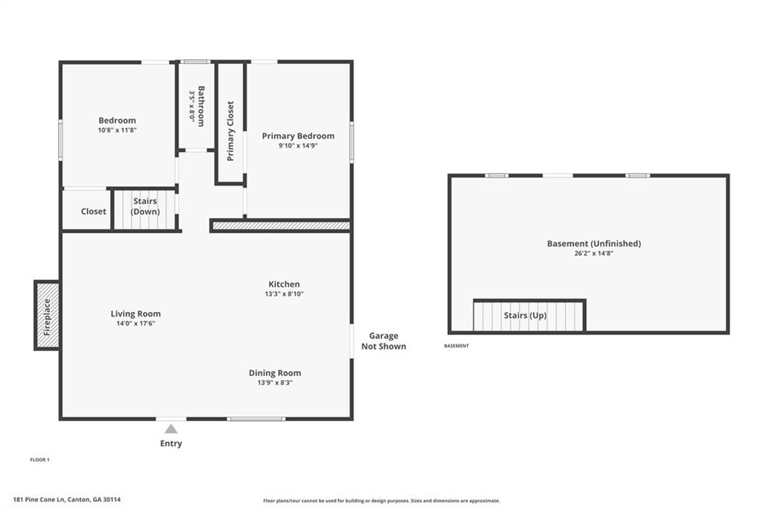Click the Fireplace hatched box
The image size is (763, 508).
(47, 316)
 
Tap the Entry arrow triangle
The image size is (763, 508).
(171, 428)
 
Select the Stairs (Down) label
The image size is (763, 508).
(145, 206)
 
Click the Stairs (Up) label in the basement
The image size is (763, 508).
(525, 315)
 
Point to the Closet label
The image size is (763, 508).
(94, 212)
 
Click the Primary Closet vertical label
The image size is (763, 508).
(230, 130)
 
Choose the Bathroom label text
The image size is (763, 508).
(200, 106)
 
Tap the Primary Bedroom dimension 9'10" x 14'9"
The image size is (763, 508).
(298, 146)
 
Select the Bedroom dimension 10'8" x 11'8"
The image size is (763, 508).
(117, 130)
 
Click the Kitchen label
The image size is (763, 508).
(284, 284)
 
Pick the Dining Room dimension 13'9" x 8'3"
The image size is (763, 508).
(275, 383)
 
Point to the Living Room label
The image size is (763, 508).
(136, 314)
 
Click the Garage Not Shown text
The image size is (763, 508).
(383, 341)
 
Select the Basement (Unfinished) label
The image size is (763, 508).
(593, 244)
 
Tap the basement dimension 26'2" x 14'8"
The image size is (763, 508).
(593, 253)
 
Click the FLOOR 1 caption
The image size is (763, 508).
(39, 460)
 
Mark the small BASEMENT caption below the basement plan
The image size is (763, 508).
(456, 346)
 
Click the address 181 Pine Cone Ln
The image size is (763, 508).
(66, 500)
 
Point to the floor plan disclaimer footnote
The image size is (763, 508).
(381, 501)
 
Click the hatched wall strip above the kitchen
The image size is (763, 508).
(281, 225)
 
